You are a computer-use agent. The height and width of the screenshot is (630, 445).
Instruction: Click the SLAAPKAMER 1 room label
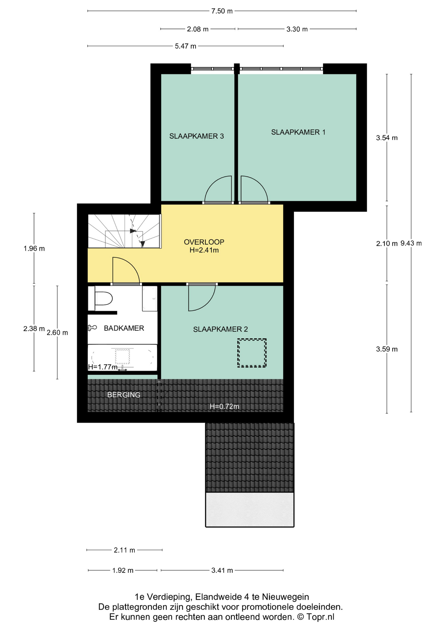tap(298, 132)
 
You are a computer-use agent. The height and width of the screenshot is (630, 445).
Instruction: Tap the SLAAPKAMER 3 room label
tap(197, 136)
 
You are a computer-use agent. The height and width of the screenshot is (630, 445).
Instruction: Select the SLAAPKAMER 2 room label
tap(221, 329)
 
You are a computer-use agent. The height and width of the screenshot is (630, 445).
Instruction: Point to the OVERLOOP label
tap(204, 242)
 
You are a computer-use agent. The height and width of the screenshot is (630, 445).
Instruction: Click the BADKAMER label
tap(124, 328)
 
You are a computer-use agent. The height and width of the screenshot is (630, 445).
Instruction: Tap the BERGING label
tap(124, 395)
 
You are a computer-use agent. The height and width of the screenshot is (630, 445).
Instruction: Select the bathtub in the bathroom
tap(122, 357)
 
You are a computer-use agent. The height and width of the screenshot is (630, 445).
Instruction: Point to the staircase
tap(125, 231)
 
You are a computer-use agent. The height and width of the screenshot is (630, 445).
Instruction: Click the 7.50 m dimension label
tap(222, 11)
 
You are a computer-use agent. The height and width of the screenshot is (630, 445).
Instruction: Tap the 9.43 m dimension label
tap(411, 243)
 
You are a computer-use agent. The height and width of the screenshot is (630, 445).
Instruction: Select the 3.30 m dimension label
tap(297, 29)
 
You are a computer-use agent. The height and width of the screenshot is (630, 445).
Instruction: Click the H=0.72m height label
tap(224, 406)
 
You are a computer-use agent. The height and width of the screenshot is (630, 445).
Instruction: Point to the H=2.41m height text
tap(204, 250)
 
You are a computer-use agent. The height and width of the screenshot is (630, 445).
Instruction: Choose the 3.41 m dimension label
tap(222, 571)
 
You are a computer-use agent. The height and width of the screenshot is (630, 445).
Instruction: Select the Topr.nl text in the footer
tap(320, 617)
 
